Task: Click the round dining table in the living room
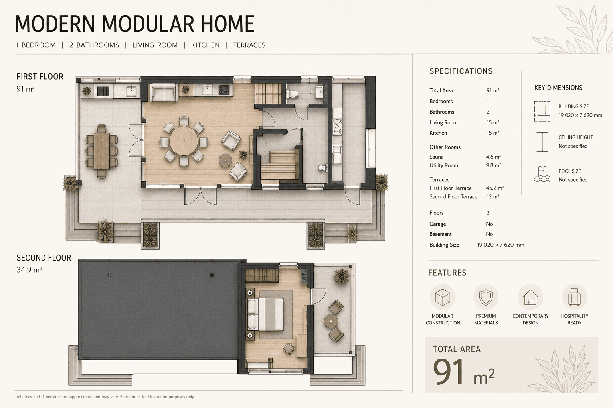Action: point(184,141)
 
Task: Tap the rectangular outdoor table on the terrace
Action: point(101,151)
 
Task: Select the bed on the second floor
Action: point(265,314)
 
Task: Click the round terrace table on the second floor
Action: point(331,321)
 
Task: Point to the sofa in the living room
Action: point(164,92)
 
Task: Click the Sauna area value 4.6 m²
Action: point(493,157)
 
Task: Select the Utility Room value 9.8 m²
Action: point(493,165)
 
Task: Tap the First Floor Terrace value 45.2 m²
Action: point(495,188)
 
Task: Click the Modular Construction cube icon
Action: point(443,297)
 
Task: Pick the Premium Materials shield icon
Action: point(486,297)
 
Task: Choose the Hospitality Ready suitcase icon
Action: point(574,297)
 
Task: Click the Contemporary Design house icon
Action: point(530,297)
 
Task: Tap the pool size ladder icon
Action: point(542,174)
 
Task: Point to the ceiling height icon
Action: point(542,142)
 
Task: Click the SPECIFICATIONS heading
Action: point(461,71)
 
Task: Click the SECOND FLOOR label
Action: point(44,258)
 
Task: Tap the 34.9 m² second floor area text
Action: point(29,270)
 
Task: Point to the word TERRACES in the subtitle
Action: point(249,45)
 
